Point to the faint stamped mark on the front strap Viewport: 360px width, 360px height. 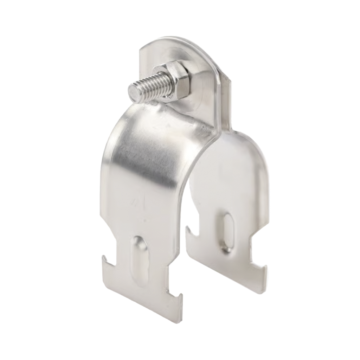tap(135, 202)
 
